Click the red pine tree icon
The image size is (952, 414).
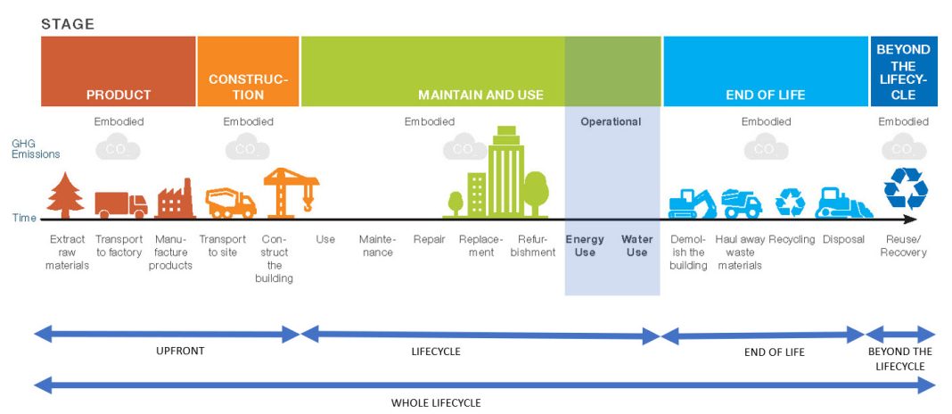[x=65, y=196]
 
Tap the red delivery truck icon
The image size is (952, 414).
[x=120, y=204]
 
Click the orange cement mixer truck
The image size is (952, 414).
[x=230, y=203]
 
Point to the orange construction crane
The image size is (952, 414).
[x=289, y=191]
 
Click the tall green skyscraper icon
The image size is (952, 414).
[x=505, y=174]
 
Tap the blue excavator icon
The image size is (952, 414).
[x=692, y=203]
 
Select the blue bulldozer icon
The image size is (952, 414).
[x=843, y=203]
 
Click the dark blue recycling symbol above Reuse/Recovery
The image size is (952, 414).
[x=905, y=188]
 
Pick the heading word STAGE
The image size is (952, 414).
[x=67, y=23]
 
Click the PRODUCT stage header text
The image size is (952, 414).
[x=119, y=95]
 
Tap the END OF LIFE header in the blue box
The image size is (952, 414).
[x=765, y=95]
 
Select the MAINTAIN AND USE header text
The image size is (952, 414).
[x=480, y=95]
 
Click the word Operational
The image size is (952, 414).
[x=611, y=121]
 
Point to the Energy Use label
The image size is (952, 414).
[x=585, y=245]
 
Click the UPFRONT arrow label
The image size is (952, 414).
[x=179, y=351]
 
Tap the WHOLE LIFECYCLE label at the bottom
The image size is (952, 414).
[x=436, y=402]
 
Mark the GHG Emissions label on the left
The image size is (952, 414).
[x=36, y=148]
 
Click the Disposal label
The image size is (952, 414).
[x=843, y=239]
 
